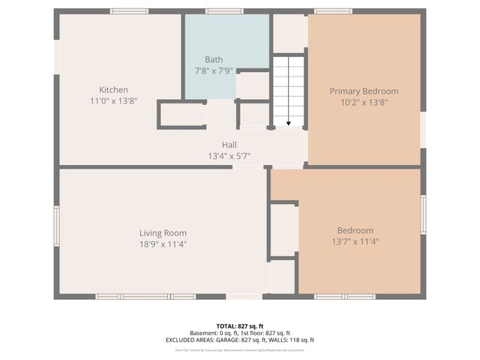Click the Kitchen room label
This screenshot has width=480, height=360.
113,90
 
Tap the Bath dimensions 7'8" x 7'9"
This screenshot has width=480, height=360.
214,70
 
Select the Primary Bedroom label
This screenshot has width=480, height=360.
364,91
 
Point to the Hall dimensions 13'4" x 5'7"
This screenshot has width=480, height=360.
229,156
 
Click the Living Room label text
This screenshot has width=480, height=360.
163,232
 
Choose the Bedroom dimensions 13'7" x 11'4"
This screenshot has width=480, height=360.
355,241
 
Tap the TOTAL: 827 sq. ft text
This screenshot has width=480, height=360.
240,326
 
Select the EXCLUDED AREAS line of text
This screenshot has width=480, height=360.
240,340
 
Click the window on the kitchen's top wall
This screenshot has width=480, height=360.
129,11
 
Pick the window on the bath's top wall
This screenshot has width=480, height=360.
224,11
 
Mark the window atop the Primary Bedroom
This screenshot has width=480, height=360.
333,11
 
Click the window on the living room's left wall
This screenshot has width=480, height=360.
56,226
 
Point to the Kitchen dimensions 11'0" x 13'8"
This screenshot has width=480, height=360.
113,100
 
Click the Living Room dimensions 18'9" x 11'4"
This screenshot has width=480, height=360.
163,244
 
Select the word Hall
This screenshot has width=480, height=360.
229,145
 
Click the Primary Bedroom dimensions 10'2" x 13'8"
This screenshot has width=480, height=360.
364,102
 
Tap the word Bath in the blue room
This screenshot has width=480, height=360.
214,59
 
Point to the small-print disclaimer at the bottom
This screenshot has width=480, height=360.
240,349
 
